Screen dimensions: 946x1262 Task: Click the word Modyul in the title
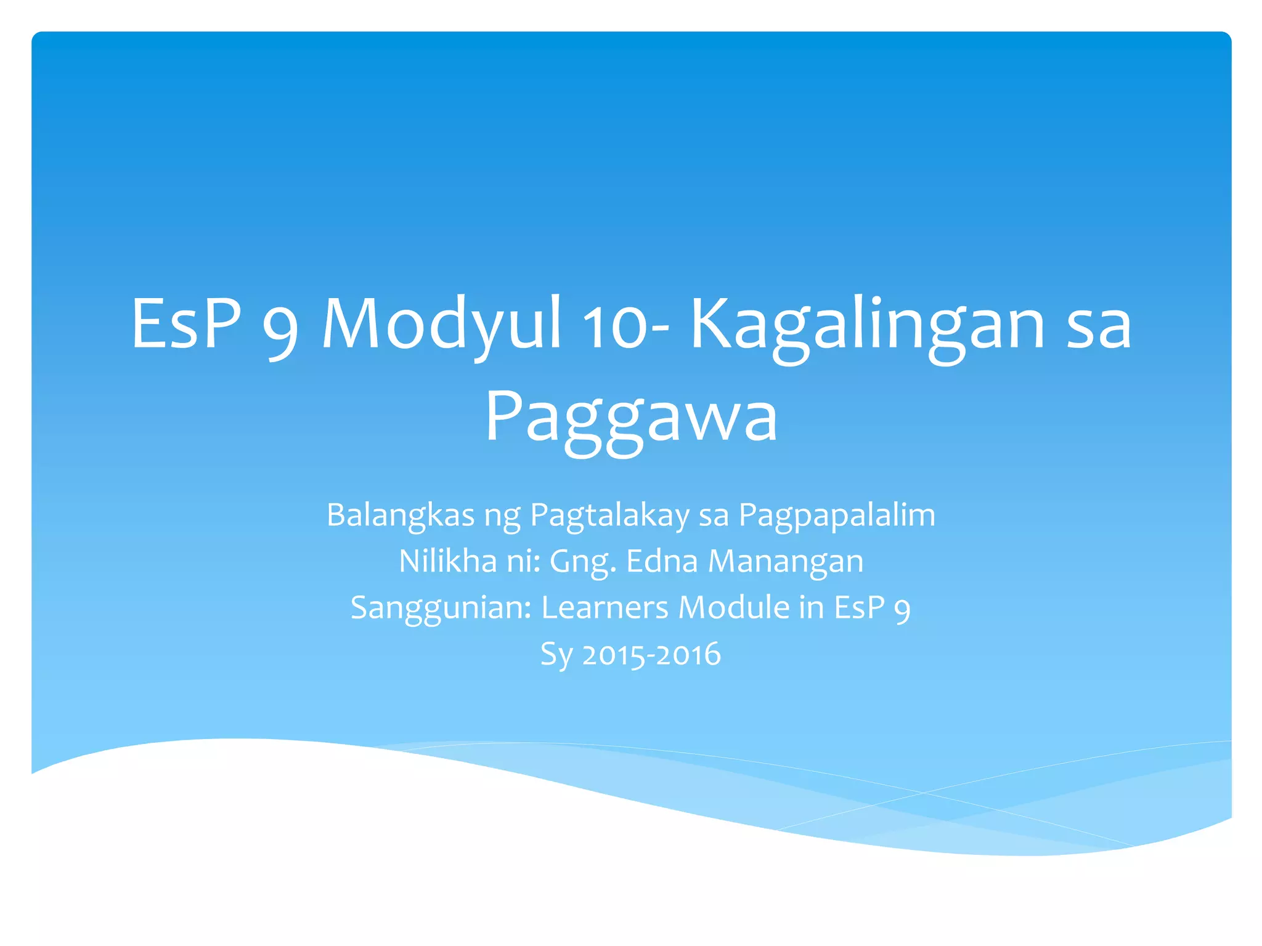coord(441,324)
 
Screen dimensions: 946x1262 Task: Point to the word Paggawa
coord(631,418)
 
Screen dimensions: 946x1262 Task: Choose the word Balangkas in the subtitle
coord(400,515)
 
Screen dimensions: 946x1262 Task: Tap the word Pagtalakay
coord(609,515)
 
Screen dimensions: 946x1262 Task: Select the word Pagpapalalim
coord(837,515)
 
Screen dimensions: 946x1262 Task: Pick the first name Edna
coord(662,561)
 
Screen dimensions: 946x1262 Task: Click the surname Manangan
coord(786,561)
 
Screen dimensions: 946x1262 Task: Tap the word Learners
coord(605,607)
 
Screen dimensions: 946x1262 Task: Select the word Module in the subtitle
coord(734,607)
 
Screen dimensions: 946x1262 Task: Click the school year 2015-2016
coord(651,654)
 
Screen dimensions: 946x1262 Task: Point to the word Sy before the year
coord(556,654)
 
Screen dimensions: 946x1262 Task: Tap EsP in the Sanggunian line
coord(859,607)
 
